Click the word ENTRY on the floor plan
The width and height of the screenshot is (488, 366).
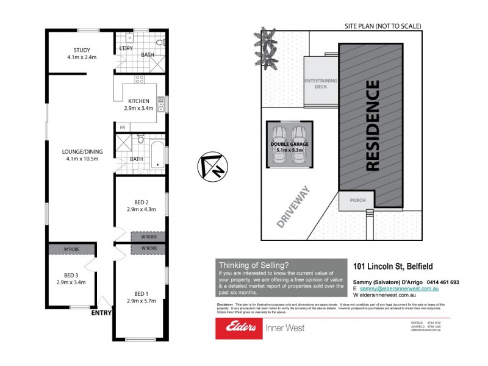point(101,313)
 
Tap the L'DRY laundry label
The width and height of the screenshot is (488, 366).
point(125,47)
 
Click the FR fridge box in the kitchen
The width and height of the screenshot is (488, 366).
point(123,127)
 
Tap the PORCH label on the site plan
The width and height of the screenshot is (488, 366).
point(357,200)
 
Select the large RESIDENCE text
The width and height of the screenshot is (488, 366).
point(372,125)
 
